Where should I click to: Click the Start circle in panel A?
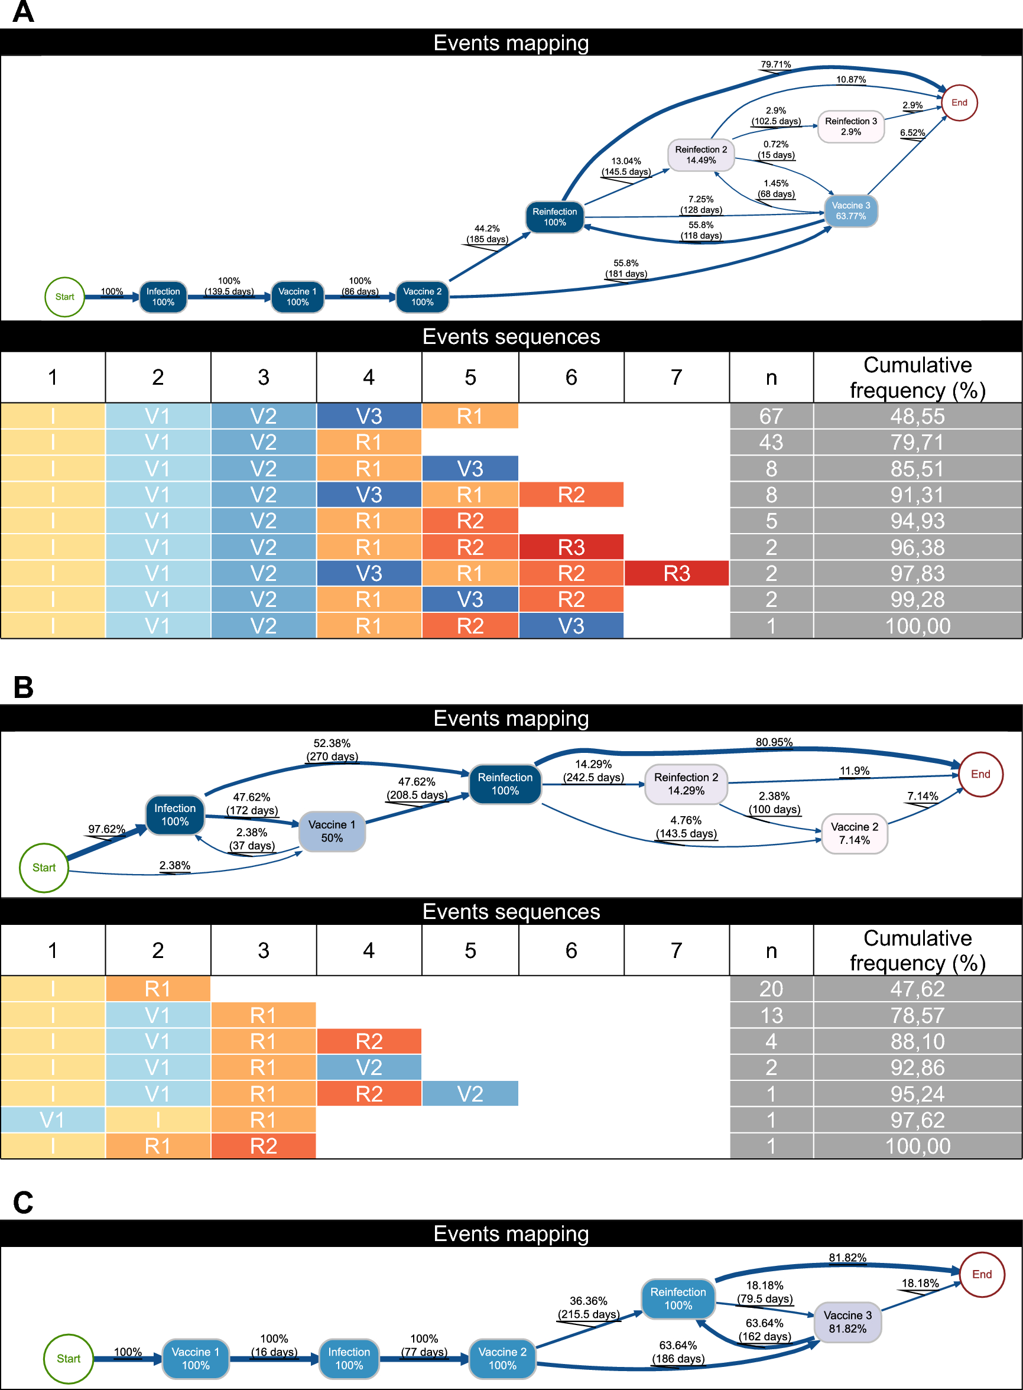[x=64, y=297]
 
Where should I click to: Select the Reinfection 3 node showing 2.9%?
[x=850, y=126]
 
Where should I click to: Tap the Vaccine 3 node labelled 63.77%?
[x=850, y=210]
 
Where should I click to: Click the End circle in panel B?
[x=980, y=774]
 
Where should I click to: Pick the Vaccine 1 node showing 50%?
[x=332, y=831]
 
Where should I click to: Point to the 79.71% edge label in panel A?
[x=775, y=64]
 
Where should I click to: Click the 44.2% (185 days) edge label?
[x=487, y=234]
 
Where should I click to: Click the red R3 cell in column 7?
[x=676, y=573]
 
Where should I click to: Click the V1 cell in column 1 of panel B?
[x=53, y=1120]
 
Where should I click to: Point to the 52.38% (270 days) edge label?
[x=332, y=750]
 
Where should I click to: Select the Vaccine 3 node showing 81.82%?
[x=847, y=1322]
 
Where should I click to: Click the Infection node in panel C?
[x=349, y=1359]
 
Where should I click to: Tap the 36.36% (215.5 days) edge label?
[x=587, y=1308]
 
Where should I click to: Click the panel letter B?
[x=23, y=687]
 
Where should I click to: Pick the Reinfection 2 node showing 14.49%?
[x=700, y=155]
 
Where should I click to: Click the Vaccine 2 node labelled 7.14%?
[x=854, y=833]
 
